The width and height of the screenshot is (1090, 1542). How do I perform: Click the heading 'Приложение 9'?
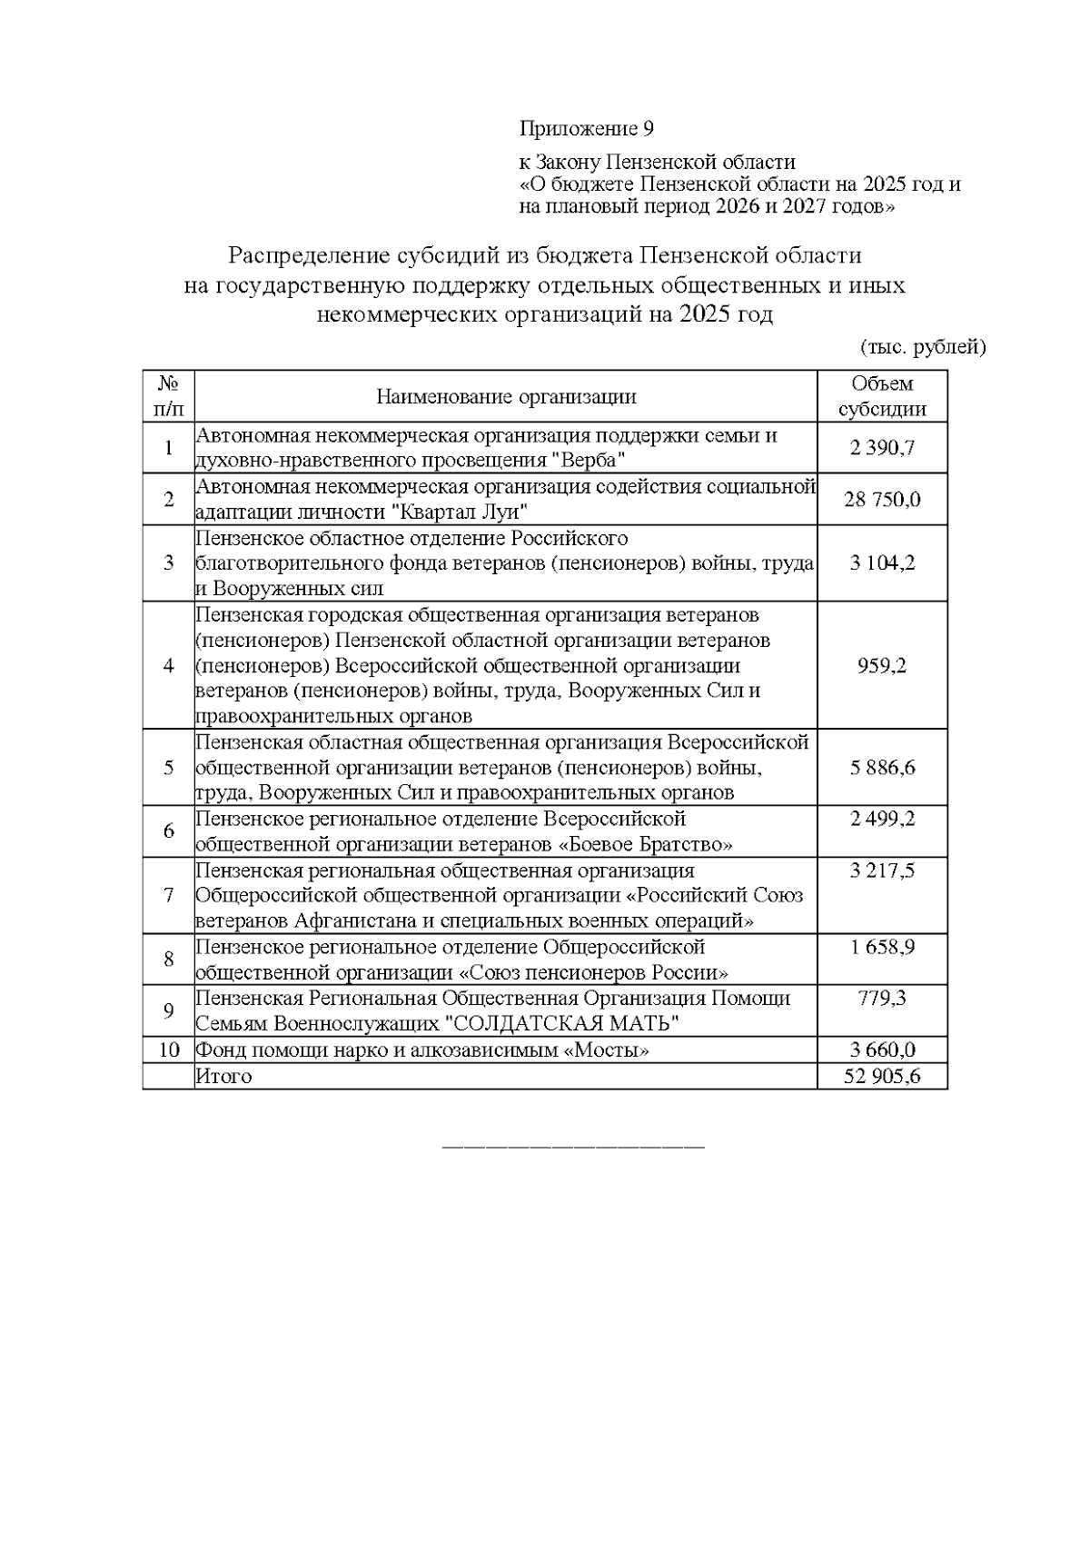[x=586, y=128]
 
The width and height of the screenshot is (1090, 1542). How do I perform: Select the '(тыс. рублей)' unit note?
[x=922, y=346]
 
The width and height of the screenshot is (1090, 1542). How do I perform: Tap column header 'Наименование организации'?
[x=506, y=396]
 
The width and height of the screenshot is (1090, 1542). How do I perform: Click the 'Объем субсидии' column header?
[x=882, y=396]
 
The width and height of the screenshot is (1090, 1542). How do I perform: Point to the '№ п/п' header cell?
[x=168, y=396]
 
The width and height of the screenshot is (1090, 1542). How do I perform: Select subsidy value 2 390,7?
[x=882, y=447]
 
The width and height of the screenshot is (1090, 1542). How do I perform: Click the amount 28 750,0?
[x=882, y=499]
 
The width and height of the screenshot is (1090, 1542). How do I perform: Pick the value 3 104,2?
[x=882, y=562]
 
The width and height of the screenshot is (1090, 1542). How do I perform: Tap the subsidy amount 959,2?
[x=882, y=665]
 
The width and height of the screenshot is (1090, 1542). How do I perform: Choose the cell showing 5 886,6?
[x=882, y=767]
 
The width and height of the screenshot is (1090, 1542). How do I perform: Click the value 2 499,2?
[x=882, y=819]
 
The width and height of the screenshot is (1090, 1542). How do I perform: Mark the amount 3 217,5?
[x=882, y=870]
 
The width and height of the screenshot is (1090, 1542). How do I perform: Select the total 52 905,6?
[x=882, y=1076]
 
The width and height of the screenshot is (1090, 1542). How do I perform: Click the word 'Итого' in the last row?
[x=223, y=1076]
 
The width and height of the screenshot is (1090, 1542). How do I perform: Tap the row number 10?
[x=169, y=1050]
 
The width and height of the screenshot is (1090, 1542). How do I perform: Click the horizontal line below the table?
[x=572, y=1146]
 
